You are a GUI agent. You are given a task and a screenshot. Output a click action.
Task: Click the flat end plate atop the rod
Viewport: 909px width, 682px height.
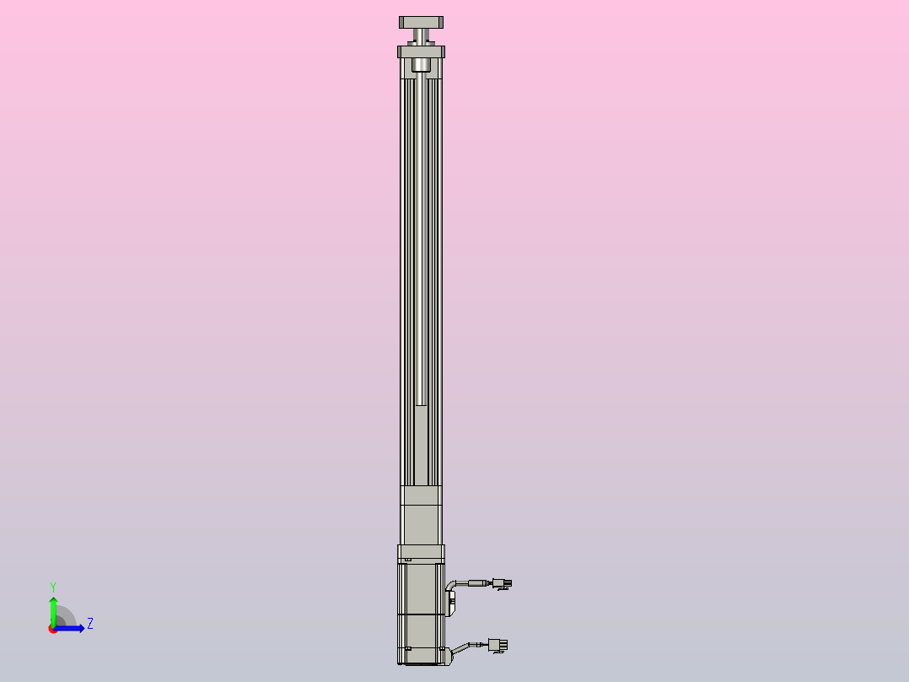pos(421,22)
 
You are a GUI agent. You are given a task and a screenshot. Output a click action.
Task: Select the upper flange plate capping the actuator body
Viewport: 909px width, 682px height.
pos(421,51)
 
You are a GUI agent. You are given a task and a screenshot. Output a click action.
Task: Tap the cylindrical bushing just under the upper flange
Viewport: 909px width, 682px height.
pos(421,65)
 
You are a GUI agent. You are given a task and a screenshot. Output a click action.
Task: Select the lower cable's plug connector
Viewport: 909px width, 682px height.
pos(498,646)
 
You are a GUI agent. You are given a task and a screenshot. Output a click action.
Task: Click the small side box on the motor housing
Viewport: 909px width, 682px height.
pos(451,603)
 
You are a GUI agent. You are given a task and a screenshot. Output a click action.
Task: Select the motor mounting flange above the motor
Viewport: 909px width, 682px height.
pos(421,553)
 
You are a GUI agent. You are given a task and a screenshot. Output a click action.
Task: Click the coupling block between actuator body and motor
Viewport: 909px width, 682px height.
pos(421,516)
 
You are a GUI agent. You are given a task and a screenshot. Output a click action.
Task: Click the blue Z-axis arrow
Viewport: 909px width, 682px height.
pos(73,628)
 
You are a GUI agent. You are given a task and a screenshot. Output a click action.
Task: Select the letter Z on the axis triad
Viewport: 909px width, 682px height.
pos(89,624)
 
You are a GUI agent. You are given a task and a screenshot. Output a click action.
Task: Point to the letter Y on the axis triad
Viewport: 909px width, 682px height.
pos(52,586)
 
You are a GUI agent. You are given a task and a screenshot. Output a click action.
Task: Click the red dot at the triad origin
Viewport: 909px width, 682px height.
pos(53,629)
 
